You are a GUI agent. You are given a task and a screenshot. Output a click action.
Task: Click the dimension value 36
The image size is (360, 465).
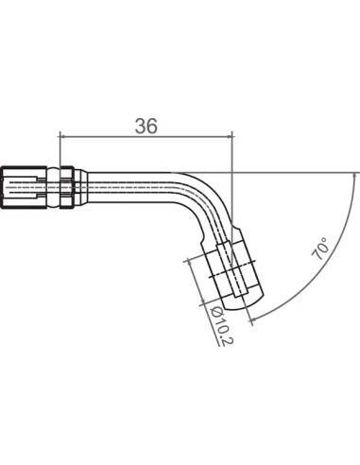(146, 126)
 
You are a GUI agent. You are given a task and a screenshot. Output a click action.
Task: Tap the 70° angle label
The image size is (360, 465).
(321, 249)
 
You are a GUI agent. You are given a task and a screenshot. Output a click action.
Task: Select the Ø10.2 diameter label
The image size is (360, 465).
(222, 326)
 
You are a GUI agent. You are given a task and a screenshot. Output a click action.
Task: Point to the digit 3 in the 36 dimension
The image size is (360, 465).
(141, 126)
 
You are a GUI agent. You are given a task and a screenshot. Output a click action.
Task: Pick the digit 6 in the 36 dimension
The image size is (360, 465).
(151, 126)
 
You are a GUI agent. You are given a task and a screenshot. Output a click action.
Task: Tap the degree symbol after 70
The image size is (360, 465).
(326, 241)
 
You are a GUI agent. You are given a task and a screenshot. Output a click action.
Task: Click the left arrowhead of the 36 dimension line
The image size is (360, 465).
(62, 136)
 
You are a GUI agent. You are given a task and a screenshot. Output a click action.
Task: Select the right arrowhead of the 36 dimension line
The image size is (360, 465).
(229, 136)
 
